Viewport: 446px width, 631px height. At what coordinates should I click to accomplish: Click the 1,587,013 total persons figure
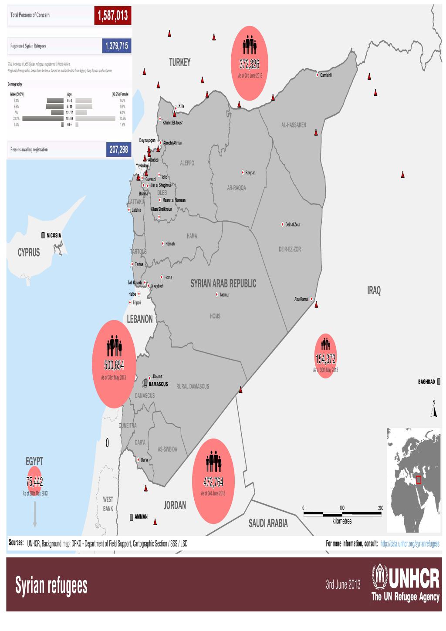point(112,16)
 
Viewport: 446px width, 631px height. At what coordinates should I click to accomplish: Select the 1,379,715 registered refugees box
point(116,46)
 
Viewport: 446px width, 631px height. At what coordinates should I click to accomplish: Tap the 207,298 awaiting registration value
point(118,149)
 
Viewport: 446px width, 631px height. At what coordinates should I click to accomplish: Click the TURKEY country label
point(179,63)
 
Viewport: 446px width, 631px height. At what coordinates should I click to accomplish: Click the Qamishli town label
point(326,75)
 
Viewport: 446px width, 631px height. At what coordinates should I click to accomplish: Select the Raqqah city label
point(250,173)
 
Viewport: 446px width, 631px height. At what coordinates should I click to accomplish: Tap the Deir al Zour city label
point(293,225)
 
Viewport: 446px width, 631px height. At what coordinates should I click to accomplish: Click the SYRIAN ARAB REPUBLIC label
point(223,284)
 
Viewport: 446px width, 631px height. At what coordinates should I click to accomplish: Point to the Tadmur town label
point(224,295)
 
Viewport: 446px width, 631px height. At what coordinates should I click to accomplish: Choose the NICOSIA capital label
point(54,236)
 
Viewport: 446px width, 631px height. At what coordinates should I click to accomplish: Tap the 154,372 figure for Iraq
point(325,359)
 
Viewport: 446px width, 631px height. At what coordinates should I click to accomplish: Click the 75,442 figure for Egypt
point(34,482)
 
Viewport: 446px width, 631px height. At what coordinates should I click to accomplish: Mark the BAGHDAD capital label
point(426,382)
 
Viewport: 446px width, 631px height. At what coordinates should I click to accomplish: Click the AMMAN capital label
point(141,517)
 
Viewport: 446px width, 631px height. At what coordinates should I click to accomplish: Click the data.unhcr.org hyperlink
point(410,543)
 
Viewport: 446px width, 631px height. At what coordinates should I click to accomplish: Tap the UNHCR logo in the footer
point(405,585)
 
